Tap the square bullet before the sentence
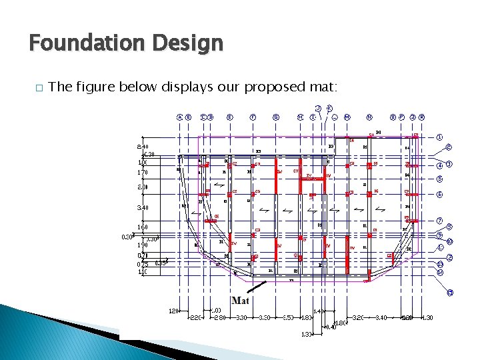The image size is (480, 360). pyautogui.click(x=39, y=87)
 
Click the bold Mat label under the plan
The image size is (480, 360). pyautogui.click(x=240, y=301)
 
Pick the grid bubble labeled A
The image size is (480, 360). pyautogui.click(x=179, y=118)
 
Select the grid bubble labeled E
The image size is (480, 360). pyautogui.click(x=229, y=118)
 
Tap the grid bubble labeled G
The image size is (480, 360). pyautogui.click(x=276, y=118)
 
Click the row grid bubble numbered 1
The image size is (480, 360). pyautogui.click(x=439, y=137)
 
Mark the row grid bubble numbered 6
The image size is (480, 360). pyautogui.click(x=439, y=194)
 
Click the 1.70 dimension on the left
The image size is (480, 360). pyautogui.click(x=141, y=173)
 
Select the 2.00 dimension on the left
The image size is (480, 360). pyautogui.click(x=141, y=187)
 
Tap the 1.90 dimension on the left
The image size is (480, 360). pyautogui.click(x=141, y=245)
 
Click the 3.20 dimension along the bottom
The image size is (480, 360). pyautogui.click(x=359, y=318)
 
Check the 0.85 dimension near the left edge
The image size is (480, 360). pyautogui.click(x=161, y=263)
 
